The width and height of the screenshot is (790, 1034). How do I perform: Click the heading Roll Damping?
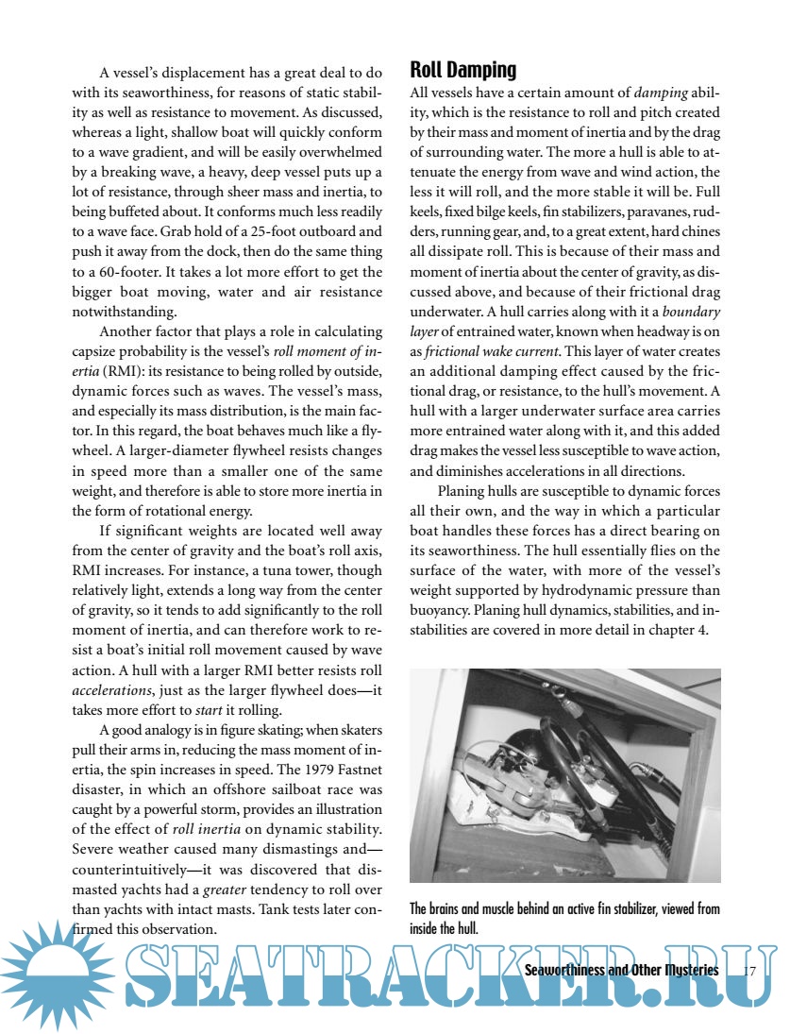point(462,70)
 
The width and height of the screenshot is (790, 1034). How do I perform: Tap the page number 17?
point(751,971)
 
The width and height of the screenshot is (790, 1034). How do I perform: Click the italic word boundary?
point(690,313)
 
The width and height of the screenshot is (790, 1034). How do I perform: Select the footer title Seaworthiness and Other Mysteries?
point(621,971)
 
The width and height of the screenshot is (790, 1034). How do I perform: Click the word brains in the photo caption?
point(451,909)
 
